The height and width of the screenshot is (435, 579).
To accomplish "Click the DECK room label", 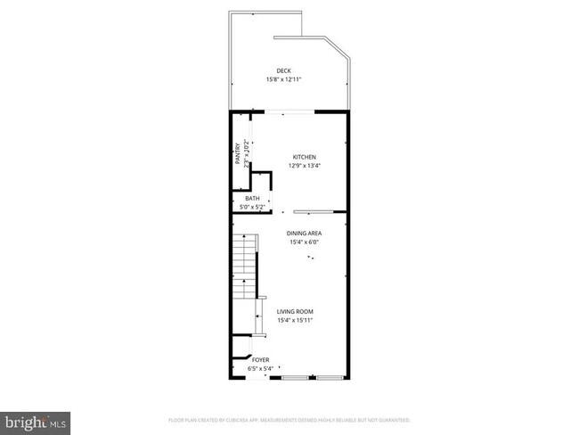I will point(283,71).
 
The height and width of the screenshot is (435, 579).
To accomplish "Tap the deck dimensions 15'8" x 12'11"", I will point(283,80).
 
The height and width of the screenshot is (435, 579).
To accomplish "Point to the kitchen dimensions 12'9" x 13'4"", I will point(304,166).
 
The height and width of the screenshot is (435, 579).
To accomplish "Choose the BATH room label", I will point(253,199).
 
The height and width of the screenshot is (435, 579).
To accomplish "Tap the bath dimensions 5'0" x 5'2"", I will point(253,207).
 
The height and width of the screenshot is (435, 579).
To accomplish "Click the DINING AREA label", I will point(304,234).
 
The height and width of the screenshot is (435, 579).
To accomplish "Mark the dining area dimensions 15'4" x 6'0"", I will point(304,242).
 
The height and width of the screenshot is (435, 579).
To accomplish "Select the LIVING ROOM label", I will point(295,312).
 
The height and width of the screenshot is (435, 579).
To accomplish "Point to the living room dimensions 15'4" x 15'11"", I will point(295,321).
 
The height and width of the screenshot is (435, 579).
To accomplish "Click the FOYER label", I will point(261,360).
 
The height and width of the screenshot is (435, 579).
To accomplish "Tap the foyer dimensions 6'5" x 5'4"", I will point(261,368).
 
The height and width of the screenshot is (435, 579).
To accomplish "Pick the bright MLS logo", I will point(35,418).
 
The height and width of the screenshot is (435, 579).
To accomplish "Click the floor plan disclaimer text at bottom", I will point(289,419).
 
